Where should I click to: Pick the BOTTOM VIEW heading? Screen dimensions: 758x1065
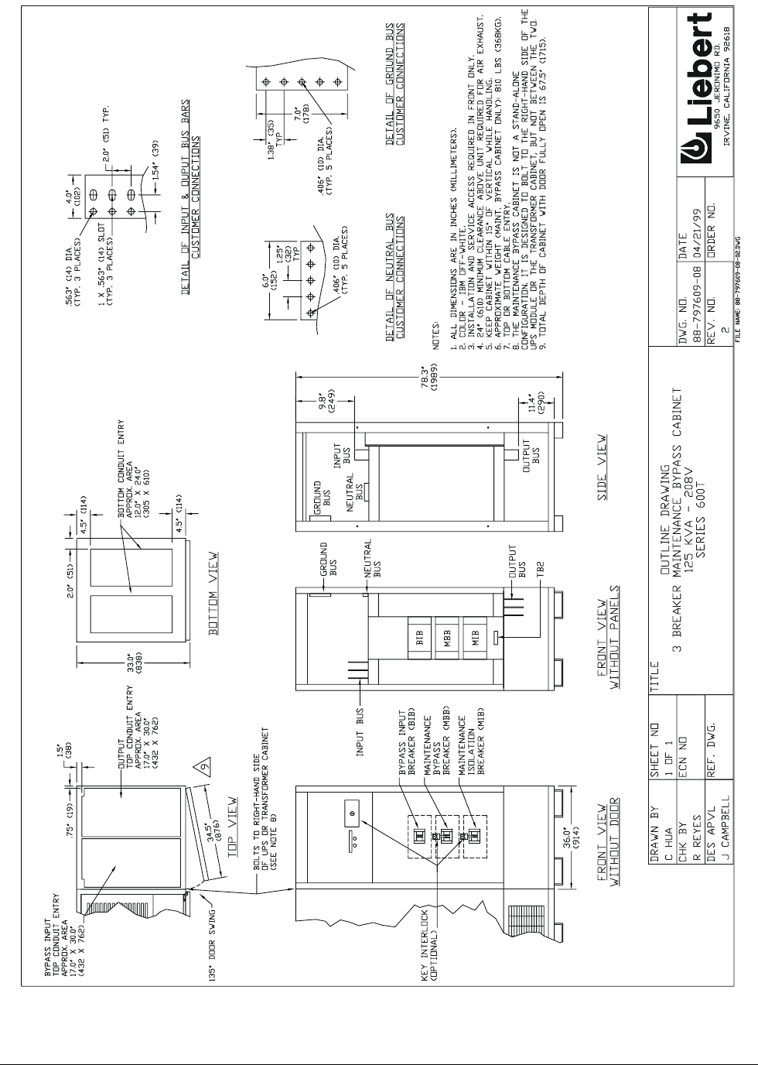[x=214, y=594]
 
